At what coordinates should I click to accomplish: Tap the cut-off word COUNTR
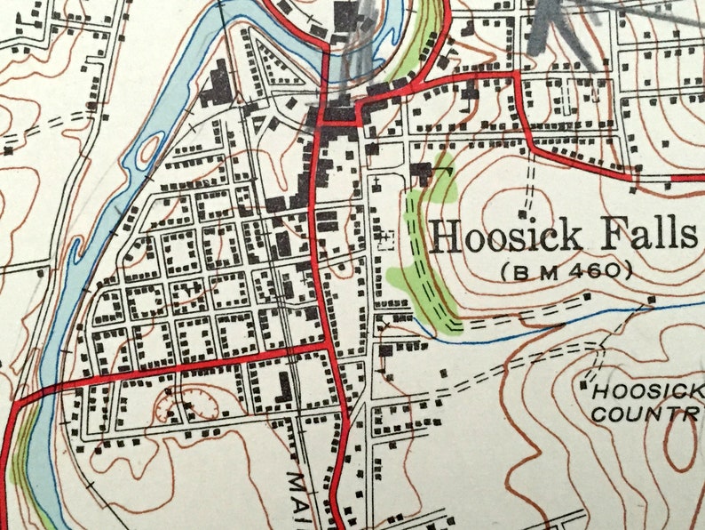(646, 414)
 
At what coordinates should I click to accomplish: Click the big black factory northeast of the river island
(215, 86)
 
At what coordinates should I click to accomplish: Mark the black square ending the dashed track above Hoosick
(521, 214)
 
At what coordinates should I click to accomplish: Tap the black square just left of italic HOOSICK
(584, 385)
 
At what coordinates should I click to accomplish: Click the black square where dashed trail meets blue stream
(652, 300)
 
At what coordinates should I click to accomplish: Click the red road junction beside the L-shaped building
(325, 346)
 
